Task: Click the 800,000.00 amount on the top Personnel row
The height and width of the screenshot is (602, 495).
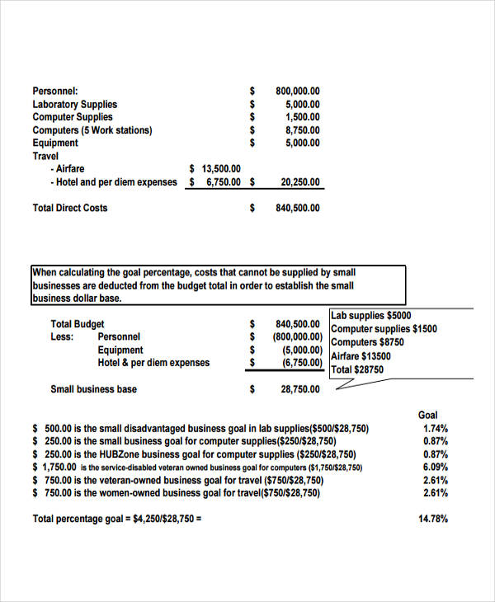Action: pos(297,91)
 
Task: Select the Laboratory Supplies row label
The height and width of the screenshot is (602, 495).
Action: pos(74,104)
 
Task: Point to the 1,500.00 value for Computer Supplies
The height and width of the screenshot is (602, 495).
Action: pos(302,117)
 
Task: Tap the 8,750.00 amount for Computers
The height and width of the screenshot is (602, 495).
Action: pos(302,130)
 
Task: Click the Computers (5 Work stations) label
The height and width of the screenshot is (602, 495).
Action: pos(92,130)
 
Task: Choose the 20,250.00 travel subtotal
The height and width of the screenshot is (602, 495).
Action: pos(299,182)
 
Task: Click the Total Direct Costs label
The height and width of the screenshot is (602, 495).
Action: pos(70,208)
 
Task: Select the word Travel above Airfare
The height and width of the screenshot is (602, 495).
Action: pos(46,156)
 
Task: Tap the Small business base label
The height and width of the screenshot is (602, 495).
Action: pos(94,389)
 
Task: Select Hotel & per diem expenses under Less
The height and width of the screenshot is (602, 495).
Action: pos(153,363)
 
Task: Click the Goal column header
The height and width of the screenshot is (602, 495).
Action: pos(428,415)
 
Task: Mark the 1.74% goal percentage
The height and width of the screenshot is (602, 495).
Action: pos(435,429)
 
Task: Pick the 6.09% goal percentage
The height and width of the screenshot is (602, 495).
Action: pos(435,467)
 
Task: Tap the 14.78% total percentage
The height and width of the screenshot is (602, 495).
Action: pos(434,519)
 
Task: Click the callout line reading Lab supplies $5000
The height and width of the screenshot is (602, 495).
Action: pos(370,315)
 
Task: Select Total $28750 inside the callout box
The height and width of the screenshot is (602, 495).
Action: pos(357,370)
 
